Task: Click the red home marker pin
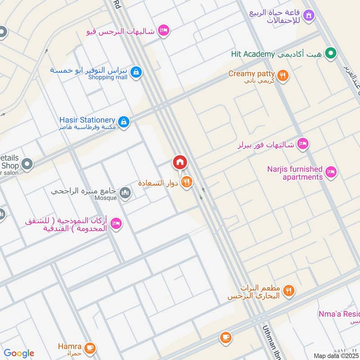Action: click(x=180, y=162)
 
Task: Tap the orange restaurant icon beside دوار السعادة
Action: click(x=187, y=182)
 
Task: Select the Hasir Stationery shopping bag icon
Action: click(x=124, y=121)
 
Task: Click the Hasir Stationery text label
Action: click(x=87, y=120)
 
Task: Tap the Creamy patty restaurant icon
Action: click(x=283, y=76)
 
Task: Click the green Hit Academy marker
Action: click(x=331, y=54)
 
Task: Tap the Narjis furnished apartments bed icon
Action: click(x=331, y=172)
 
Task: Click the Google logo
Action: click(x=19, y=353)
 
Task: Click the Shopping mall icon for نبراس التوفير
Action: click(x=136, y=72)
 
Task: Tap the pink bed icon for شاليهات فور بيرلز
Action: click(x=303, y=144)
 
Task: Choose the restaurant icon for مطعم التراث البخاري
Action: click(x=289, y=291)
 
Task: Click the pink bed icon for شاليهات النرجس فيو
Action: click(x=164, y=30)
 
